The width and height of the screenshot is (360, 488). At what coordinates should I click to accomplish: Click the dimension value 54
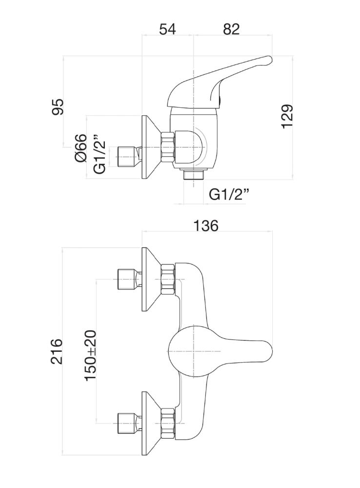(x=167, y=29)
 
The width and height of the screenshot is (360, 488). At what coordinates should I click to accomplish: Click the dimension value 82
(x=231, y=29)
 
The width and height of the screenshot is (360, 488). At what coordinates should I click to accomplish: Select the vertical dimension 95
(x=58, y=106)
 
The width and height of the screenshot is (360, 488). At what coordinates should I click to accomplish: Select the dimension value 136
(x=206, y=226)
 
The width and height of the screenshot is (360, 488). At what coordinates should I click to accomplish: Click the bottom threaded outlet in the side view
(x=194, y=174)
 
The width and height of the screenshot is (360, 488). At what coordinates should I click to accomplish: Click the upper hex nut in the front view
(x=168, y=279)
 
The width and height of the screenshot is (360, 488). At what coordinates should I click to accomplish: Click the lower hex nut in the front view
(x=168, y=423)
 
